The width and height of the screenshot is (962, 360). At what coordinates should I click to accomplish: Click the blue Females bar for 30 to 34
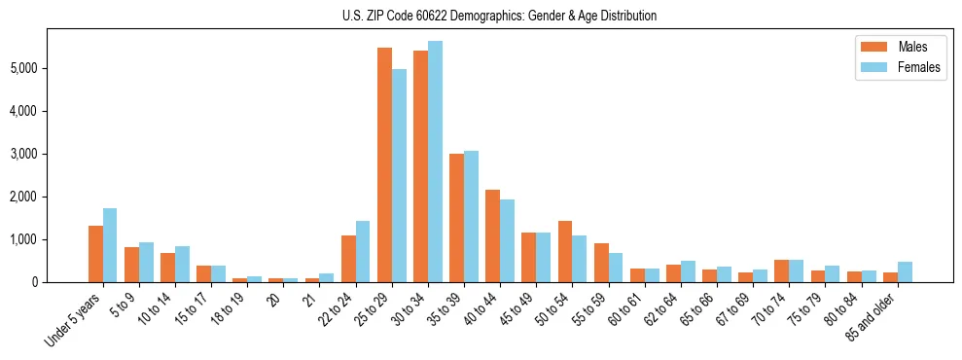pyautogui.click(x=435, y=162)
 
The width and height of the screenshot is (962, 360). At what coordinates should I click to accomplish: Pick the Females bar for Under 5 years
pyautogui.click(x=110, y=245)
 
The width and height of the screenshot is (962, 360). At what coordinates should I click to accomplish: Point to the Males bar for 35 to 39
pyautogui.click(x=456, y=218)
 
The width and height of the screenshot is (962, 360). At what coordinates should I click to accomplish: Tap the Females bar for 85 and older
pyautogui.click(x=905, y=271)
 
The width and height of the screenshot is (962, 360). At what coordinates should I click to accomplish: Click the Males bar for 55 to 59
pyautogui.click(x=601, y=263)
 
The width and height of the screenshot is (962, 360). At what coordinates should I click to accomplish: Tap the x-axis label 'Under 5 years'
pyautogui.click(x=73, y=320)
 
